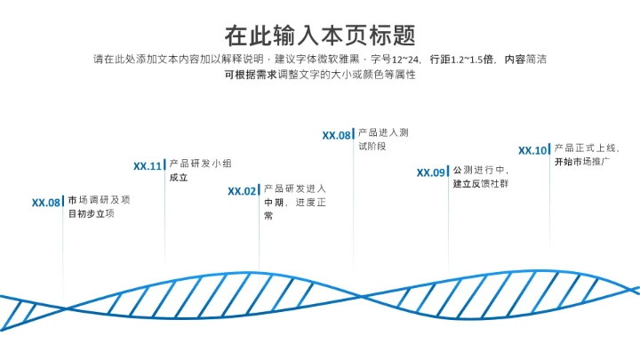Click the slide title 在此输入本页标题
click(320, 35)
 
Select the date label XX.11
click(148, 165)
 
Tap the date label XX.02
click(242, 190)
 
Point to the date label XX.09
click(431, 172)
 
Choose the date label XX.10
click(533, 150)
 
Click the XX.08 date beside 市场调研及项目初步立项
click(46, 203)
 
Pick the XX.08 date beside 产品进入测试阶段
click(337, 135)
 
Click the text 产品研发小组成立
click(200, 171)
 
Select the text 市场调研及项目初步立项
click(99, 207)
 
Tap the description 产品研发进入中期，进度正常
click(295, 202)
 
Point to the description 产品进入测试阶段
click(382, 139)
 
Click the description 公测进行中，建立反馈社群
click(480, 177)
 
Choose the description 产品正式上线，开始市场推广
click(587, 155)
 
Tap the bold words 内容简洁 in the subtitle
click(524, 60)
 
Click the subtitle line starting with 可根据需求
click(320, 75)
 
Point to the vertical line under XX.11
click(164, 222)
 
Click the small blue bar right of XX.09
click(449, 172)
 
